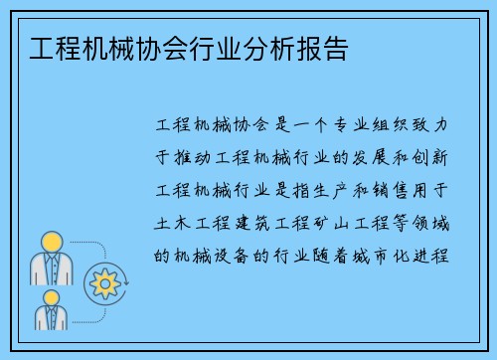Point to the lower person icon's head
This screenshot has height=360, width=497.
pos(51,298)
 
